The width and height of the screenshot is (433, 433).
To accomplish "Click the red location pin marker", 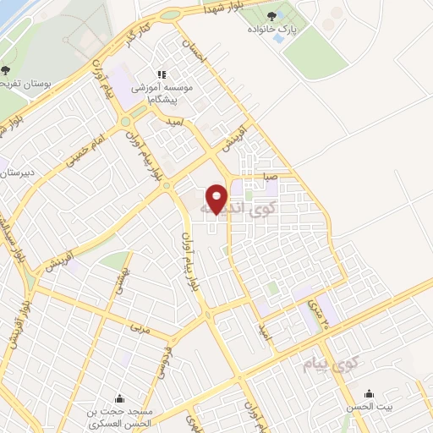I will click(x=217, y=198).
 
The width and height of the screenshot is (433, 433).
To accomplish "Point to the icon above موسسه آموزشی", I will click(x=162, y=73).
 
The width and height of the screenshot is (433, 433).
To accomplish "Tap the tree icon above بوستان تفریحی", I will click(x=6, y=70).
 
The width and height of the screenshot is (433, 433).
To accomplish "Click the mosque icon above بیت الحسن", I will click(x=369, y=394).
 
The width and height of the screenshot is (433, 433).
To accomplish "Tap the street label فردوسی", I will click(x=163, y=359).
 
